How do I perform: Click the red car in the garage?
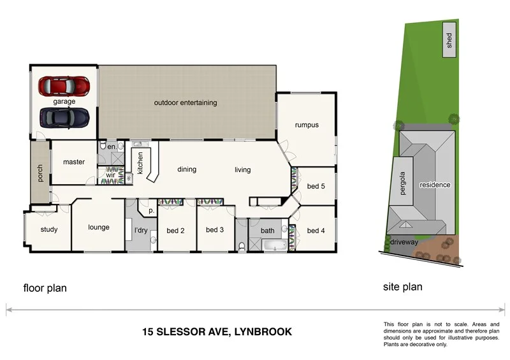(64, 86)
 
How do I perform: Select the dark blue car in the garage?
(64, 117)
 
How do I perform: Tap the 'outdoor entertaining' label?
(186, 103)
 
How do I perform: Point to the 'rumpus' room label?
(306, 125)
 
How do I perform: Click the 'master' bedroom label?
(74, 162)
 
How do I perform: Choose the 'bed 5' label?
(316, 187)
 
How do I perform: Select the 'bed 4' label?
(316, 231)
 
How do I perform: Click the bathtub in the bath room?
(275, 245)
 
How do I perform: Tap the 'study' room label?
(49, 230)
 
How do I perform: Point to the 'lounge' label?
(99, 227)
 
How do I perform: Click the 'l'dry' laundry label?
(140, 230)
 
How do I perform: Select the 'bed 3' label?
(215, 230)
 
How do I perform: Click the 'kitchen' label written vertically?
(140, 162)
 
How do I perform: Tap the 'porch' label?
(40, 173)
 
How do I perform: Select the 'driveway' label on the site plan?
(404, 243)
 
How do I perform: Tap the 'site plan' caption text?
(402, 287)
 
